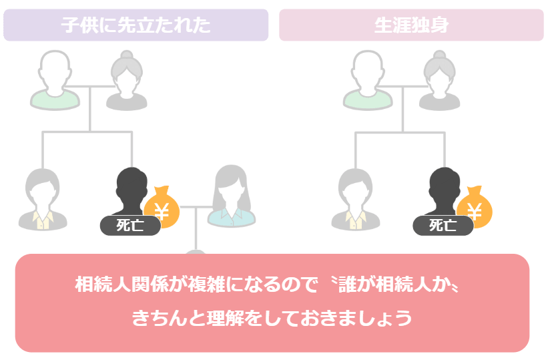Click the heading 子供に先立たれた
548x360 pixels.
(x=135, y=25)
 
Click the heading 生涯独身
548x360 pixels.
(x=411, y=25)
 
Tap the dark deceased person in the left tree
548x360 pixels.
(x=131, y=194)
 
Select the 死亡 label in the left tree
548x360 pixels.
(x=130, y=226)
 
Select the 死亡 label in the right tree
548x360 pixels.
(x=443, y=226)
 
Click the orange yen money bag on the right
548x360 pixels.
(x=475, y=208)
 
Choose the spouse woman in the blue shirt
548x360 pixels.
(x=230, y=196)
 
